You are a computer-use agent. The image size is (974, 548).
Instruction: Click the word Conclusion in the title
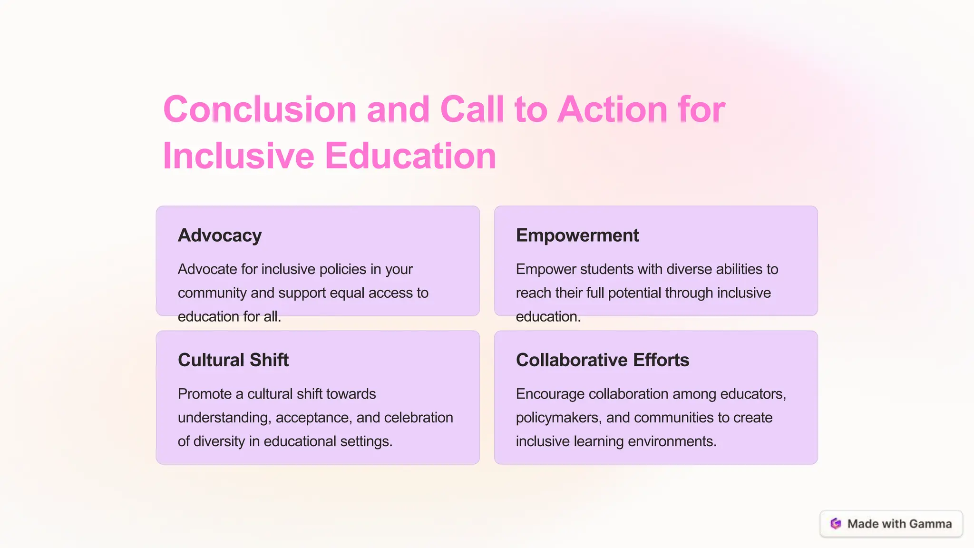coord(260,109)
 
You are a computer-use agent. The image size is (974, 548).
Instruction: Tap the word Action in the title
coord(613,109)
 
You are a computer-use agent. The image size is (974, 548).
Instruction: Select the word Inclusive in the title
coord(238,156)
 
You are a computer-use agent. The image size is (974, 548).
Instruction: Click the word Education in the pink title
coord(410,156)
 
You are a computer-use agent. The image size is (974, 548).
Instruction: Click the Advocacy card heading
coord(220,235)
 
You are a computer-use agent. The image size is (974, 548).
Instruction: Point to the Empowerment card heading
coord(577,235)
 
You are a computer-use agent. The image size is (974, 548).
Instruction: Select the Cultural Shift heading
coord(233,360)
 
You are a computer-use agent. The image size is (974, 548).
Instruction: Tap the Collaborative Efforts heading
coord(602,360)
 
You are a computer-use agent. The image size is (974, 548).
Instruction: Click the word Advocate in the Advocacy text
coord(207,269)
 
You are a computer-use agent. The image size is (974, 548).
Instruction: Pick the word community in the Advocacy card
coord(212,293)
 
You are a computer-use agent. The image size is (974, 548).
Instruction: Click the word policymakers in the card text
coord(559,418)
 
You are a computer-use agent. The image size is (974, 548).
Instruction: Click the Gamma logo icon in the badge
coord(836,524)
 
